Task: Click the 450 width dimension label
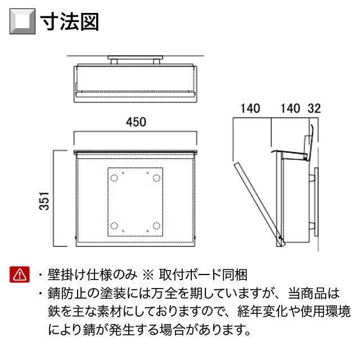[x=136, y=122]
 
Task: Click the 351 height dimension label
[x=44, y=201]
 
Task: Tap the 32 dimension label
[x=314, y=109]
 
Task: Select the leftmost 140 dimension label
[x=250, y=109]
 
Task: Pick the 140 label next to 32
[x=290, y=109]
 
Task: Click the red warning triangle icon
[x=20, y=274]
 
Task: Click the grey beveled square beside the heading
[x=22, y=21]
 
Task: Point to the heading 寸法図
[x=70, y=22]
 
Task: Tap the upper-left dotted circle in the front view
[x=114, y=178]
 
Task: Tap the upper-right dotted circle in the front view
[x=156, y=178]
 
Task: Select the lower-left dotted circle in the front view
[x=114, y=226]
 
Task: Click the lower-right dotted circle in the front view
[x=156, y=226]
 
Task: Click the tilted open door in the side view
[x=259, y=204]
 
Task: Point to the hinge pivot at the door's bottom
[x=280, y=237]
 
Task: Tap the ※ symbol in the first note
[x=148, y=275]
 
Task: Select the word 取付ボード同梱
[x=203, y=275]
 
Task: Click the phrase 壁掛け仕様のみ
[x=92, y=275]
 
